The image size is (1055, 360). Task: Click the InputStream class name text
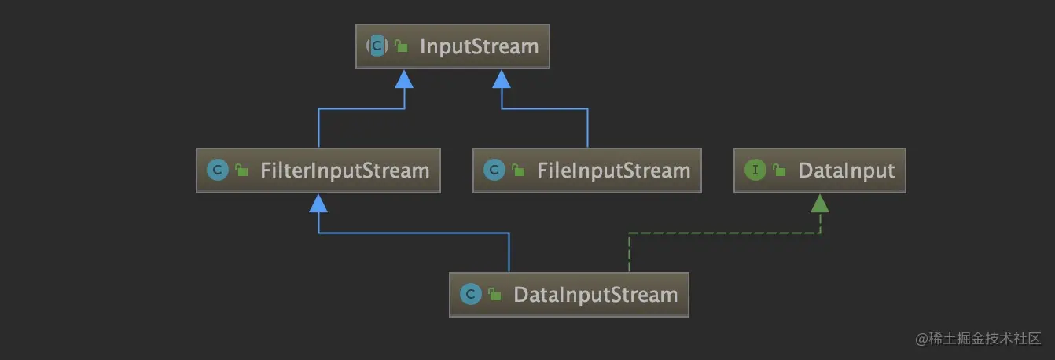(479, 46)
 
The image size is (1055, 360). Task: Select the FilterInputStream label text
(344, 171)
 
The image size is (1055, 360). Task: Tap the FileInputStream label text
(613, 171)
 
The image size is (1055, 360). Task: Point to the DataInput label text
(846, 171)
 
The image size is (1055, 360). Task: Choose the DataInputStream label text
(595, 295)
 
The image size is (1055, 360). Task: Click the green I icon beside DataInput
(755, 171)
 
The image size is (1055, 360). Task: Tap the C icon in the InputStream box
(377, 46)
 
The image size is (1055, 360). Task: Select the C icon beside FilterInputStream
(217, 171)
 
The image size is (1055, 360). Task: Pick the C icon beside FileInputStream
(494, 171)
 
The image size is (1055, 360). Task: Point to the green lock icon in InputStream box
(401, 47)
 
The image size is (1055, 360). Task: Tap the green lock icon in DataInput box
(779, 171)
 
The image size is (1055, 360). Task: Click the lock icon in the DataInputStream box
(494, 296)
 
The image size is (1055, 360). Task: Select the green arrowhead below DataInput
(820, 204)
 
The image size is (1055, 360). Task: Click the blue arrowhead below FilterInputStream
(318, 204)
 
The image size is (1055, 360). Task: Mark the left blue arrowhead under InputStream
(404, 79)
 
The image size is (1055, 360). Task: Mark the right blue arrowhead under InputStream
(502, 79)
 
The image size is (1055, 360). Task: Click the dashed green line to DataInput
(723, 233)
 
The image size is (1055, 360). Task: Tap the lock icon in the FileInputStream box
(518, 171)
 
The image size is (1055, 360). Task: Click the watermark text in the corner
(978, 339)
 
